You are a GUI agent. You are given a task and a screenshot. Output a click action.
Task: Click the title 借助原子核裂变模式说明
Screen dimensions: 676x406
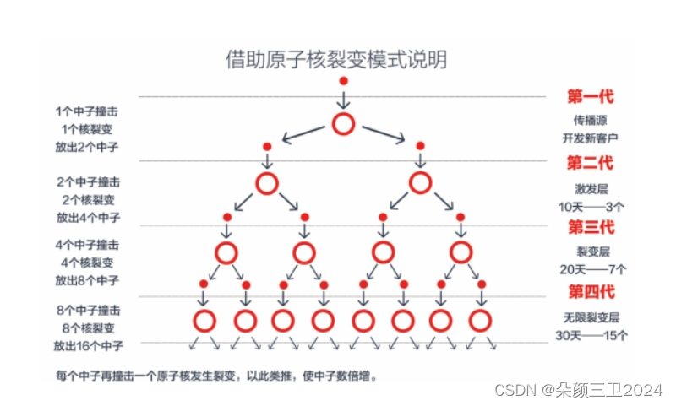[x=336, y=59]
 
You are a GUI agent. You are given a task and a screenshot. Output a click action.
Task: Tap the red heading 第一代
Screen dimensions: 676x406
[x=590, y=95]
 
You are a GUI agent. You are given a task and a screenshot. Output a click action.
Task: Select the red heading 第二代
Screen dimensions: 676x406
[x=590, y=161]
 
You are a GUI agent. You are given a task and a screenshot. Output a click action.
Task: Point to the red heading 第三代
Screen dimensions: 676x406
[x=590, y=226]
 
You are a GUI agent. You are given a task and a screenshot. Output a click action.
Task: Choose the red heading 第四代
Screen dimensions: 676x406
[x=590, y=292]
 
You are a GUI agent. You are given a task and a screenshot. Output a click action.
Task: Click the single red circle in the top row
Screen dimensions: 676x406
[x=343, y=124]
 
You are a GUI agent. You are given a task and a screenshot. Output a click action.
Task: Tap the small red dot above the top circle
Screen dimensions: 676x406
[x=343, y=81]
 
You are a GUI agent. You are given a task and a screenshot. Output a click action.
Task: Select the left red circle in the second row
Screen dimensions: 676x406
[x=266, y=183]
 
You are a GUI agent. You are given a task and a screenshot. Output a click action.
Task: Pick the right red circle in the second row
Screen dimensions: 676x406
[x=420, y=183]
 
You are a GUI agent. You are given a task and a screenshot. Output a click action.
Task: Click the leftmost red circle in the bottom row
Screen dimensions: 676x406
[x=204, y=321]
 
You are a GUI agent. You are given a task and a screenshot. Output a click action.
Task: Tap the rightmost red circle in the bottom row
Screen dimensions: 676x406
[x=480, y=321]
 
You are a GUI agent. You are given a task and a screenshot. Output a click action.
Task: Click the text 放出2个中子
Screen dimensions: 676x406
[x=87, y=147]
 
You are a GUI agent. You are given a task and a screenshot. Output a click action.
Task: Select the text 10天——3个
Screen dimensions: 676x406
[x=591, y=205]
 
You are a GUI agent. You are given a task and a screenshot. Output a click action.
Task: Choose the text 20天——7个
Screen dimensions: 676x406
[x=591, y=270]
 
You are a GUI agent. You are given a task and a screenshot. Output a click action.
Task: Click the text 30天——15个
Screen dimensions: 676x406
[x=591, y=335]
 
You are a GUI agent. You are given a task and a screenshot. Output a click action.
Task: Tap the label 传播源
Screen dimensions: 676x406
[x=591, y=120]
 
